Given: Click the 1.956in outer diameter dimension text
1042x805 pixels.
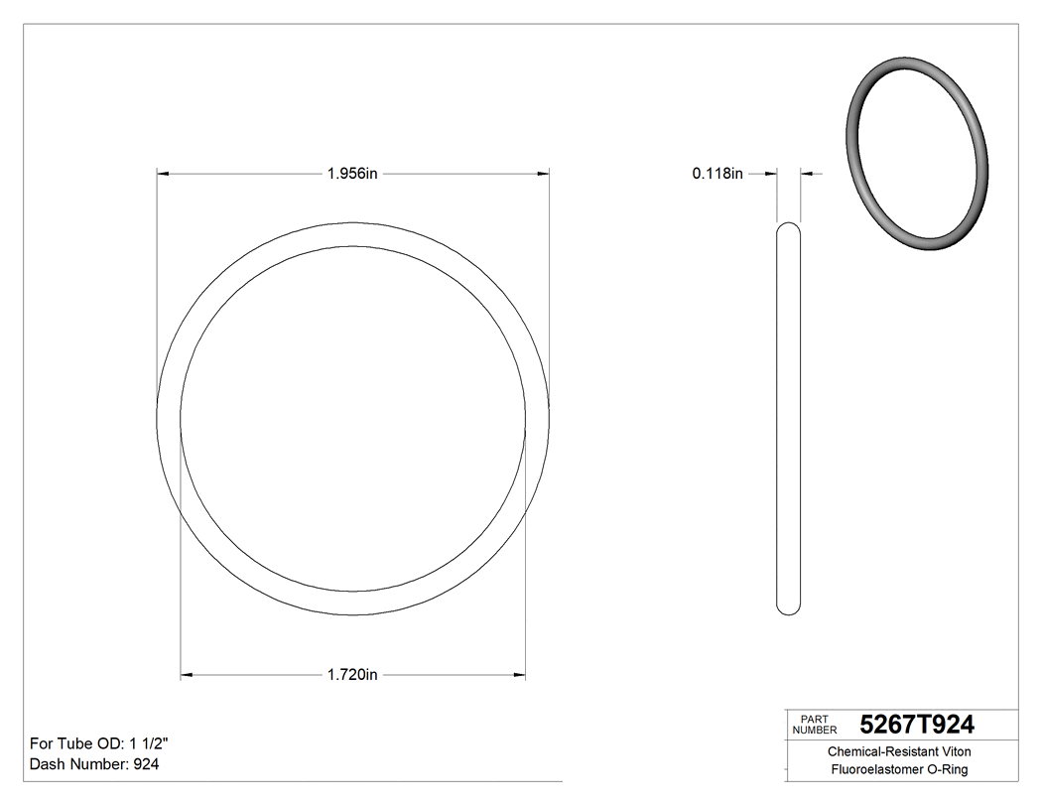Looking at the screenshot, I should click(352, 174).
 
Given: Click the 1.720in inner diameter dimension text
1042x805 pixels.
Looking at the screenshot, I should click(352, 676).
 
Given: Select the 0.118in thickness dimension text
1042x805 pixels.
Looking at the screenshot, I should click(717, 174).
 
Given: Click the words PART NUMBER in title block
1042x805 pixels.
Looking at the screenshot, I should click(815, 725).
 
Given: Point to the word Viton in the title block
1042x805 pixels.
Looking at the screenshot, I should click(953, 752).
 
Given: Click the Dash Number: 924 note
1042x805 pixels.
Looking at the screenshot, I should click(94, 764).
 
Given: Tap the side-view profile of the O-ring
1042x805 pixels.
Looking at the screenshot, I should click(788, 417).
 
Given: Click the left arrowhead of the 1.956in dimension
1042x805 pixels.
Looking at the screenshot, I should click(164, 174).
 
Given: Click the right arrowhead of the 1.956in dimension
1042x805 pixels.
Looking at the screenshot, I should click(543, 174).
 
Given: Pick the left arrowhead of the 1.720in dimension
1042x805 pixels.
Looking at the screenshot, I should click(187, 676).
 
